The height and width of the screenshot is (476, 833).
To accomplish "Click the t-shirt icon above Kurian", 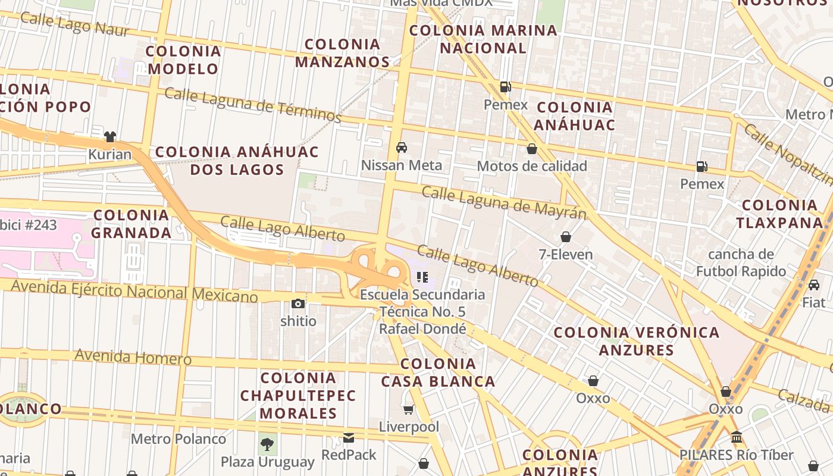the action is tap(109, 137).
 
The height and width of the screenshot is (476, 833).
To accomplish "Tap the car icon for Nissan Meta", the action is tap(402, 148).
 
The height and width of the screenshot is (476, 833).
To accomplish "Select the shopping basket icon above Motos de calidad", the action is tap(531, 149).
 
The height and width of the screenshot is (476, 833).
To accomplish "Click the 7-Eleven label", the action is tap(565, 255).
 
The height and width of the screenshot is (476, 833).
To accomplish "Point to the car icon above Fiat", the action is tap(813, 285).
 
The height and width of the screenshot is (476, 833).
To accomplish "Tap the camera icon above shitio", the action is tap(298, 304).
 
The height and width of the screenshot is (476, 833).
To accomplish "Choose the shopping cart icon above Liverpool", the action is tap(409, 409).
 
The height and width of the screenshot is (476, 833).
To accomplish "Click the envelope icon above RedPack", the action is tap(349, 438).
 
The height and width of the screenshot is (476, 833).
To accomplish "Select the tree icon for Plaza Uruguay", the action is tap(268, 444).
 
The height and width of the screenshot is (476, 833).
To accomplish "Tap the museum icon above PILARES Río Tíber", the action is tap(737, 437).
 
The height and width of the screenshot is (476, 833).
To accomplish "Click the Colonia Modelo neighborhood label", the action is tap(183, 59).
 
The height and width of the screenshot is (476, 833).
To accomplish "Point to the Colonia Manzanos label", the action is tap(342, 52).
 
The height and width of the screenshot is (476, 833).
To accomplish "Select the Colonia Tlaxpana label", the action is tap(779, 214).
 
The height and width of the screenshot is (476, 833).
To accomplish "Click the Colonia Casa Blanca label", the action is tap(438, 372).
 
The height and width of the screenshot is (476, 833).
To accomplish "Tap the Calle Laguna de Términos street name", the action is tap(252, 105).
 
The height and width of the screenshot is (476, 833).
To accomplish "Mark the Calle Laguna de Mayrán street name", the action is tap(504, 202).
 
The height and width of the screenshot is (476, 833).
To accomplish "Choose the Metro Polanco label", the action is tap(178, 439).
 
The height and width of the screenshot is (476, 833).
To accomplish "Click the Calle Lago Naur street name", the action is tap(74, 24).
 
